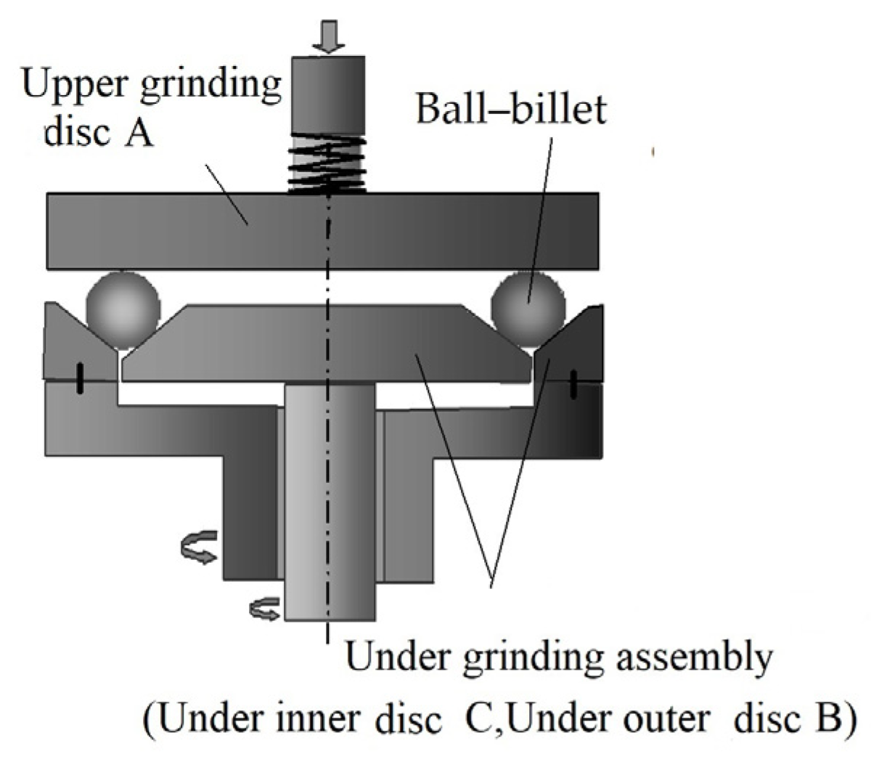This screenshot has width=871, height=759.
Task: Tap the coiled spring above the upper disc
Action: point(327,165)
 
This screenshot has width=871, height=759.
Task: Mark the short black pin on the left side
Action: point(80,380)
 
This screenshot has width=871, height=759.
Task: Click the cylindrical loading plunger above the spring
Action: point(327,94)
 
